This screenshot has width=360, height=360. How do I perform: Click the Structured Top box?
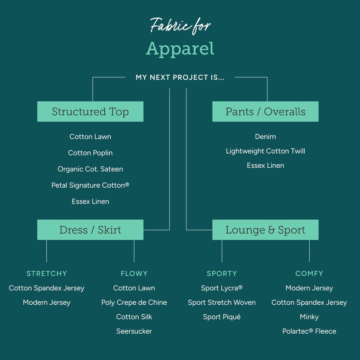point(90,112)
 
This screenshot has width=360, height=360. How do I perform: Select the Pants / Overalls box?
point(265,112)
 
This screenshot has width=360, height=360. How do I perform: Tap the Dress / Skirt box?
point(90,230)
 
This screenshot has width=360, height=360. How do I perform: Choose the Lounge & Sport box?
point(265,230)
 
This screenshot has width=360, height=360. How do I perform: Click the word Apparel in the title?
point(180,49)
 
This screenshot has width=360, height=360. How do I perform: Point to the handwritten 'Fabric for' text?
point(180,25)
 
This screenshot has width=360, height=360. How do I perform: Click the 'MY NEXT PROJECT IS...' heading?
point(180,78)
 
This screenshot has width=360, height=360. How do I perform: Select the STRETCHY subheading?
point(47,273)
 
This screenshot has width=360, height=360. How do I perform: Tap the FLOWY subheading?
point(134,273)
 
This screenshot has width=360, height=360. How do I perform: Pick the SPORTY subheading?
point(222,273)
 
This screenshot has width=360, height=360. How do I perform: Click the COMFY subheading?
point(309,273)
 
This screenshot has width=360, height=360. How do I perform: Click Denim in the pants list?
point(265,136)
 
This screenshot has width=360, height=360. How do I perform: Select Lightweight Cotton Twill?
point(265,151)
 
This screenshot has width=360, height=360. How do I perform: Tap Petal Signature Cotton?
point(90,185)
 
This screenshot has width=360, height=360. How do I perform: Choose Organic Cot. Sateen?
point(90,169)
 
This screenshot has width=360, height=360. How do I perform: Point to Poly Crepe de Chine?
point(134,302)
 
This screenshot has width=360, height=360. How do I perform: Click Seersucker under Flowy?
point(134,331)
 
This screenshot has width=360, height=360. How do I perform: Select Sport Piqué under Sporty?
point(222,317)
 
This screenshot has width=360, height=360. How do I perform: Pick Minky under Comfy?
point(309,317)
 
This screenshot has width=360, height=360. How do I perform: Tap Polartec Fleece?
point(309,331)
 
